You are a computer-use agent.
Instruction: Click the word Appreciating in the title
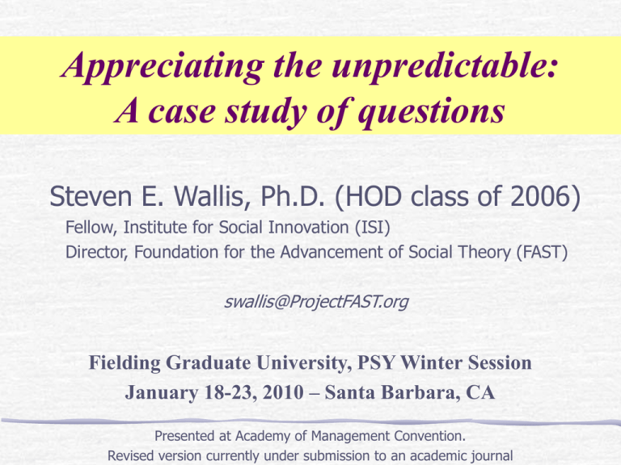tap(163, 66)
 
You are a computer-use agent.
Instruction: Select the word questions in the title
tap(431, 113)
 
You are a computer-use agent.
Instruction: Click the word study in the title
tap(265, 113)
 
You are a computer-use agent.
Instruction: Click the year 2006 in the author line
tap(541, 196)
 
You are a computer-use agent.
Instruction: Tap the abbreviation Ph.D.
tap(293, 196)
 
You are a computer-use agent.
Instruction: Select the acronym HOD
tap(373, 196)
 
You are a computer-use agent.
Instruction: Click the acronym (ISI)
tap(372, 228)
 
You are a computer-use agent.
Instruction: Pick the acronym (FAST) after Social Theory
tap(543, 252)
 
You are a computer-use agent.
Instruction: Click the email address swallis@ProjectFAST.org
tap(316, 302)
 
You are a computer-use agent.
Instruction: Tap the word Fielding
tap(125, 363)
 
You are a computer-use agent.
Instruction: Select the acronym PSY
tap(376, 362)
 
